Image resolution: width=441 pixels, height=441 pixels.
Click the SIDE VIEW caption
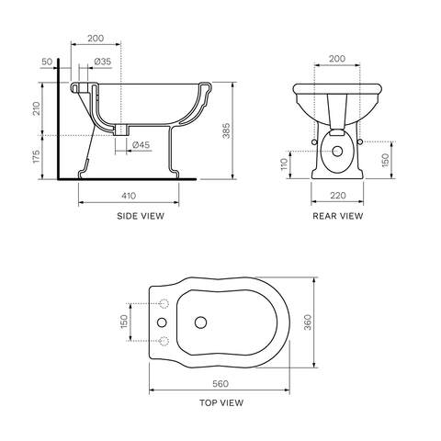pyautogui.click(x=141, y=216)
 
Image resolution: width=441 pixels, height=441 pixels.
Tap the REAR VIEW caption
pyautogui.click(x=338, y=216)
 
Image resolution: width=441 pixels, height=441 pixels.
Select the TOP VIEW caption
pyautogui.click(x=221, y=402)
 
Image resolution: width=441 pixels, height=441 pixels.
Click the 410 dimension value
pyautogui.click(x=129, y=196)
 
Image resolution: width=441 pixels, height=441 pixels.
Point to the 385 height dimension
pyautogui.click(x=226, y=130)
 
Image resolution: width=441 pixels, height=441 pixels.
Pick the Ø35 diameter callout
pyautogui.click(x=103, y=62)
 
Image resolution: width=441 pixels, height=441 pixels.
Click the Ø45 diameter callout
pyautogui.click(x=141, y=145)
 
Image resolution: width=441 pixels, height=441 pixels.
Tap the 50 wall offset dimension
pyautogui.click(x=47, y=62)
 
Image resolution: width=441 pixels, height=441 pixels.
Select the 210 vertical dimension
pyautogui.click(x=37, y=108)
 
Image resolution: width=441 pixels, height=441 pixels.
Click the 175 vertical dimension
pyautogui.click(x=37, y=156)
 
